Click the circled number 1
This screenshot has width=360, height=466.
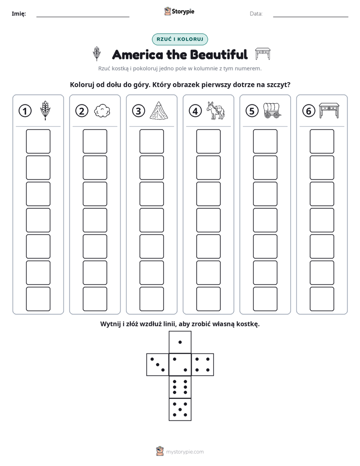pyautogui.click(x=25, y=111)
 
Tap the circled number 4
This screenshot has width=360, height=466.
pyautogui.click(x=195, y=111)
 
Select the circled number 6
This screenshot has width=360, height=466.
pyautogui.click(x=309, y=111)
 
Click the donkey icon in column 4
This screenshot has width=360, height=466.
pyautogui.click(x=216, y=110)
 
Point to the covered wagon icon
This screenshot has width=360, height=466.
pyautogui.click(x=272, y=110)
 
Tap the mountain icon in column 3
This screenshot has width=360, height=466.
pyautogui.click(x=159, y=110)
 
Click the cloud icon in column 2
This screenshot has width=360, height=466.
pyautogui.click(x=102, y=111)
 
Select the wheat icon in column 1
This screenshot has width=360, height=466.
pyautogui.click(x=45, y=110)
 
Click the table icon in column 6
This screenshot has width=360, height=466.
pyautogui.click(x=329, y=110)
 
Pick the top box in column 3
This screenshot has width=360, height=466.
pyautogui.click(x=151, y=141)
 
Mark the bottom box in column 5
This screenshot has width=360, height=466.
pyautogui.click(x=265, y=299)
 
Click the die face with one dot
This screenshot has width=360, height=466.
pyautogui.click(x=180, y=342)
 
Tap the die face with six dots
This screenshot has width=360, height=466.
pyautogui.click(x=180, y=387)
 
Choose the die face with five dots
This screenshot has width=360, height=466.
pyautogui.click(x=180, y=409)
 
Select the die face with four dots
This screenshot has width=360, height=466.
pyautogui.click(x=203, y=364)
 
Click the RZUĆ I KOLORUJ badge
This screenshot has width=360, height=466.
pyautogui.click(x=180, y=39)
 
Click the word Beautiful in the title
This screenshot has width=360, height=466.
pyautogui.click(x=219, y=54)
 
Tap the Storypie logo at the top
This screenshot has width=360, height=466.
pyautogui.click(x=179, y=11)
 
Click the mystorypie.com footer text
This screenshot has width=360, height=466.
pyautogui.click(x=185, y=452)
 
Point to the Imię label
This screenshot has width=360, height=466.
pyautogui.click(x=19, y=14)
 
